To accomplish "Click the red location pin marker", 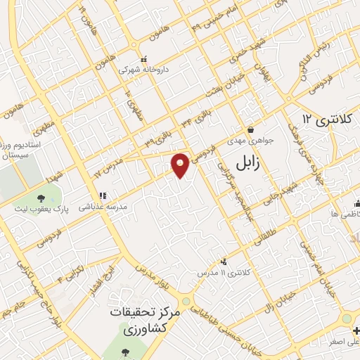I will tap(181, 165).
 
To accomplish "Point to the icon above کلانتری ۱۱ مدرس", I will tap(224, 261).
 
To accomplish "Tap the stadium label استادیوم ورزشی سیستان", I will tap(23, 148).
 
